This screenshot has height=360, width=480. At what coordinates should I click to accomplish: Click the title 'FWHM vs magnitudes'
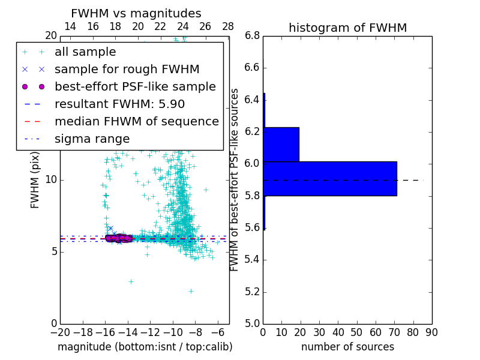tap(136, 14)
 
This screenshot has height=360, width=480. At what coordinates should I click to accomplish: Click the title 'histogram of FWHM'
tap(347, 28)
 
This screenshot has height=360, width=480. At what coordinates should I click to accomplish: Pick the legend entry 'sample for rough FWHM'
tap(127, 70)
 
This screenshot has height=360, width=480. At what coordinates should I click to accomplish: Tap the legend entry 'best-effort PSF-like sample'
tap(135, 87)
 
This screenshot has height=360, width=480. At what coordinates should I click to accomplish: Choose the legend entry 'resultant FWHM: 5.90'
tap(119, 104)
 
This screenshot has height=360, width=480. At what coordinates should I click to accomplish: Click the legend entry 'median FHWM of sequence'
tap(136, 122)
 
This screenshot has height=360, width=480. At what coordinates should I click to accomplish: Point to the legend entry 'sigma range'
tap(92, 139)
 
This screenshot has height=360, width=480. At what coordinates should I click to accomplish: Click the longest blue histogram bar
tap(330, 178)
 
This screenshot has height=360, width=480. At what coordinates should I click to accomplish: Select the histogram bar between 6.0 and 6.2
tap(281, 144)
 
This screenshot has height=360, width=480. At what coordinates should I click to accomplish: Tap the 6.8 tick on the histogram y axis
tap(252, 36)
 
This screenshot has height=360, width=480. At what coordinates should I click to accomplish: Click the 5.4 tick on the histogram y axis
tap(252, 260)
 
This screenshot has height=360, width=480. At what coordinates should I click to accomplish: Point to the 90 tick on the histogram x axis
tap(432, 332)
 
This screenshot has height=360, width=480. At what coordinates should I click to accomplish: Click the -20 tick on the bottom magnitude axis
tap(60, 332)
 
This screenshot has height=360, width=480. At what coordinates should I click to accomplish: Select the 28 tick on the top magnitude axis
tap(228, 26)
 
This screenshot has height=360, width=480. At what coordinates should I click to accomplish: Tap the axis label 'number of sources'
tap(347, 347)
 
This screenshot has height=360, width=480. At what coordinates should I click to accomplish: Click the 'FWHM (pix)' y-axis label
tap(35, 179)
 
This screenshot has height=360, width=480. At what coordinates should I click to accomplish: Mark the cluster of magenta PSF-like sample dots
tap(119, 238)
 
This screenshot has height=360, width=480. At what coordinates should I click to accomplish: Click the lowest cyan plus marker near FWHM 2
tap(191, 291)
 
